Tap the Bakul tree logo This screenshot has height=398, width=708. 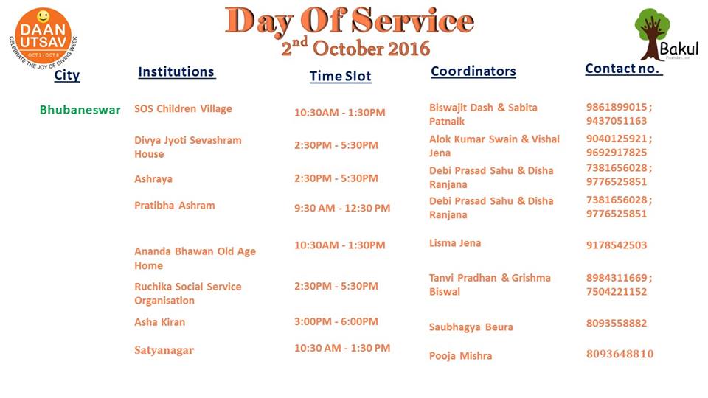coord(666,35)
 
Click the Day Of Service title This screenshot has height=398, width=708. coord(350,21)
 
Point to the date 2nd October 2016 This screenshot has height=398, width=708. coord(355,47)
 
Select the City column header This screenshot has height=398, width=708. coord(67,75)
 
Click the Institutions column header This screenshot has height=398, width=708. coord(176,71)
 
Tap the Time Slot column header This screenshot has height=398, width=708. coord(341,76)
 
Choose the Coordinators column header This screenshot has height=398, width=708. coord(473,71)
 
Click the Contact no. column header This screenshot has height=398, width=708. coord(624,69)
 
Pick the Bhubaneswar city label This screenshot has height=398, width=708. coord(80,110)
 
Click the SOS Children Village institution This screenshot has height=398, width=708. coord(184,109)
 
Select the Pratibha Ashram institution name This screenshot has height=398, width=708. coord(175,206)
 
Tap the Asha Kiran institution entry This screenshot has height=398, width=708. coord(160,322)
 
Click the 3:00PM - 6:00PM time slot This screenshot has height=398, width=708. coord(336,322)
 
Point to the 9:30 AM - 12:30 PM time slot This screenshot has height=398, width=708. coord(342,208)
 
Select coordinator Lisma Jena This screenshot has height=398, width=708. coord(455,243)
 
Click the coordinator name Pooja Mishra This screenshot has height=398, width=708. coord(460,355)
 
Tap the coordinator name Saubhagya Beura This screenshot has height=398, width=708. coord(471,327)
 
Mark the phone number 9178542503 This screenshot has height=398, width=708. coord(617,245)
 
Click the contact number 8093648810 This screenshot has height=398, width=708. coord(620,354)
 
